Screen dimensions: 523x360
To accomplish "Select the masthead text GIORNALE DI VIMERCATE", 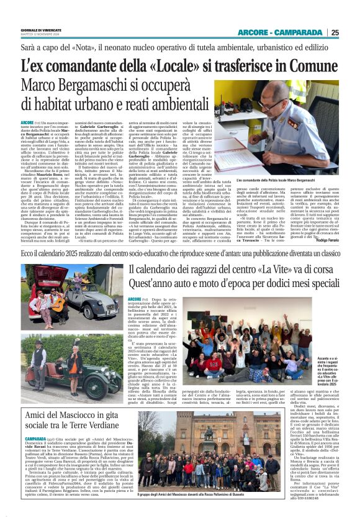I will (29, 29).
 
